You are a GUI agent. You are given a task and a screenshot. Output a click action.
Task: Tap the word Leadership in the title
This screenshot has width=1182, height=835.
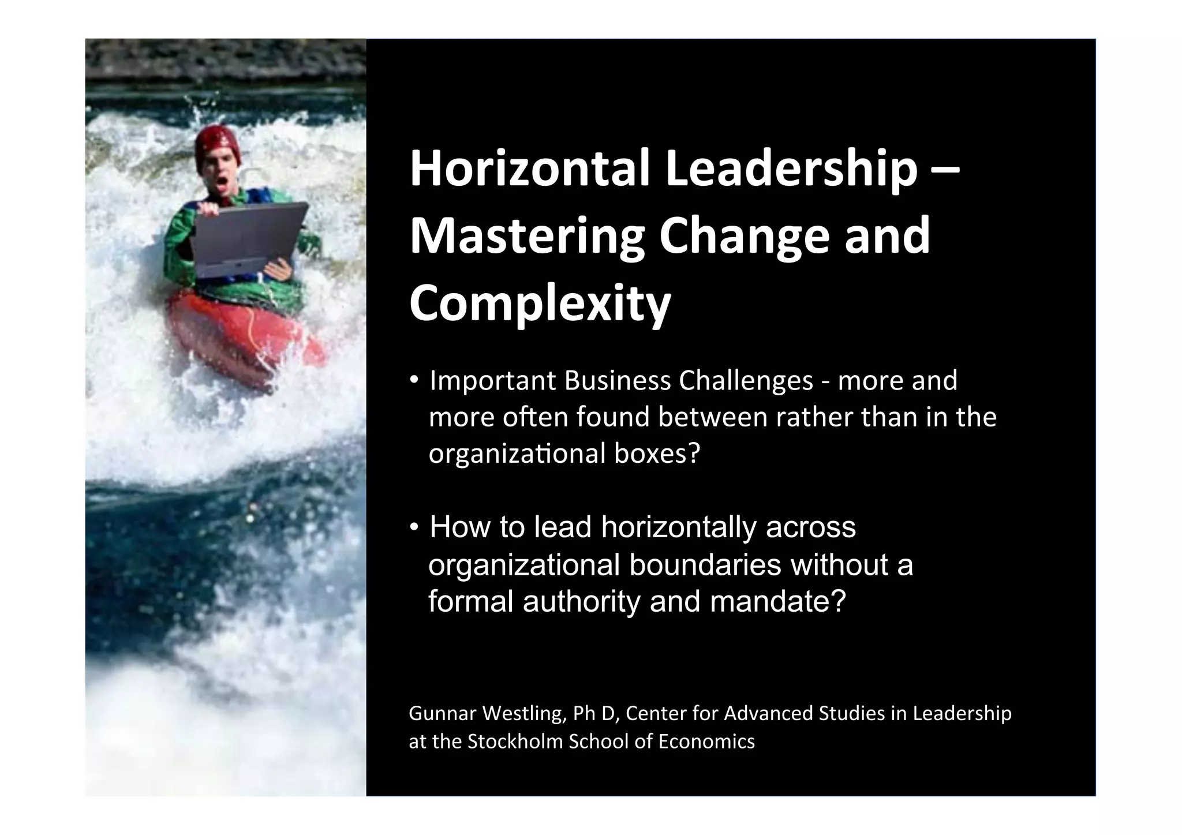click(791, 169)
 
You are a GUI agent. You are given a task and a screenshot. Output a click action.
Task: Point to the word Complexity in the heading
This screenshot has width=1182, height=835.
click(540, 304)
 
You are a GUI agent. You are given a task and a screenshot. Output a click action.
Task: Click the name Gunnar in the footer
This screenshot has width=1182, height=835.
click(442, 714)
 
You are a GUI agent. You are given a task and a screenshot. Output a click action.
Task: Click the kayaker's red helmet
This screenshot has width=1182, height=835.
click(216, 144)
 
